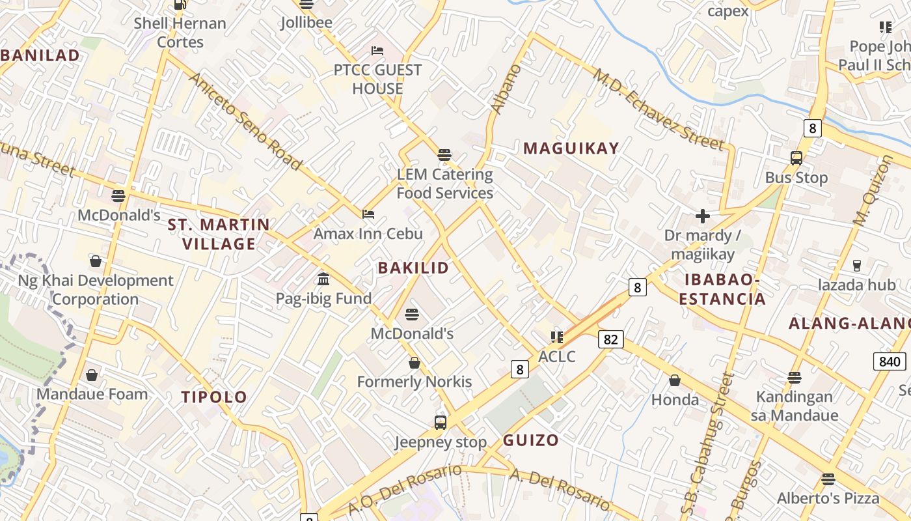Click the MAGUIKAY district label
click(571, 148)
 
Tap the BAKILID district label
click(413, 268)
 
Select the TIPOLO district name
click(214, 397)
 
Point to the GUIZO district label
click(530, 440)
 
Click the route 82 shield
click(610, 339)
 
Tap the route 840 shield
click(889, 362)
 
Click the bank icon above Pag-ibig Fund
click(323, 279)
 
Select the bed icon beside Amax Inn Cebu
click(368, 214)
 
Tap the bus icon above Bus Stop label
click(796, 158)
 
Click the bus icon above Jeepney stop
click(441, 423)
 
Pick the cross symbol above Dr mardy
click(702, 216)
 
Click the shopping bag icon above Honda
click(675, 380)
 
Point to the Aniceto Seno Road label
click(245, 121)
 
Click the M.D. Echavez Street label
click(657, 107)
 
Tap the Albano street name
click(504, 89)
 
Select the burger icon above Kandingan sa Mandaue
click(794, 377)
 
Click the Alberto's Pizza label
click(828, 499)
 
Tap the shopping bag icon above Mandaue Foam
click(92, 375)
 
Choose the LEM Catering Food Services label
click(445, 184)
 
